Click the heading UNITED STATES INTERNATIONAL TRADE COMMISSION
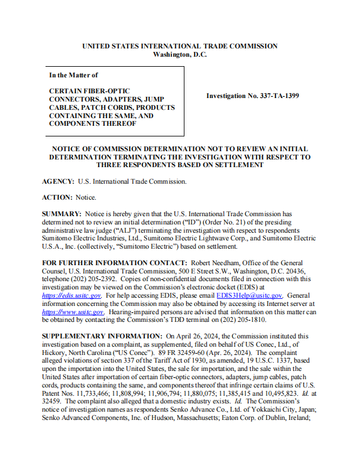tap(180, 46)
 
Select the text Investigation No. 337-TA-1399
tap(252, 95)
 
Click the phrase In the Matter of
tap(73, 75)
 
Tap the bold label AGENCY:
tap(58, 182)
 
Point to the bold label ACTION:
tap(58, 197)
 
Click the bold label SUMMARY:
tap(62, 212)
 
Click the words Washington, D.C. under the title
tap(180, 54)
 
